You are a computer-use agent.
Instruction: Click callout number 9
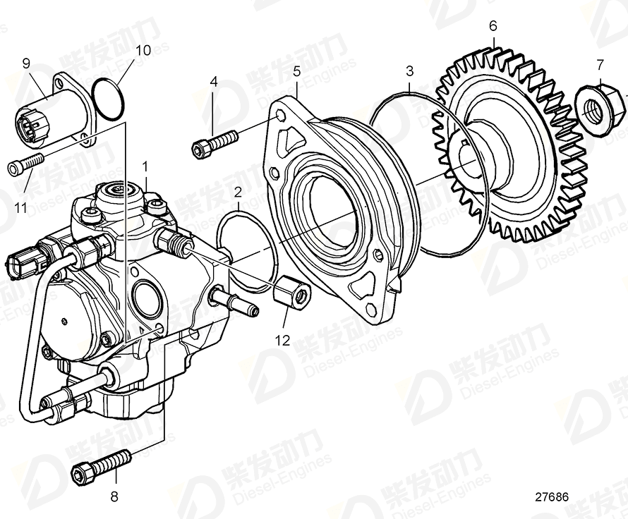(26, 63)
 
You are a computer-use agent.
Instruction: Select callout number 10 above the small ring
(143, 50)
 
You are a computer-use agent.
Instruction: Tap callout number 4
(214, 82)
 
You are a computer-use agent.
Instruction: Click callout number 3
(409, 71)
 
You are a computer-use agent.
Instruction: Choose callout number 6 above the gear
(493, 25)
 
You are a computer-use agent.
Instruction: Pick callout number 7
(600, 65)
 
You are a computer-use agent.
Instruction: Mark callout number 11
(21, 208)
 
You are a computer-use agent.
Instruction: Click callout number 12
(282, 341)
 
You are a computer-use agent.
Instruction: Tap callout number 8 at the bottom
(114, 496)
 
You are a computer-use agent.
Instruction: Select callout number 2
(238, 191)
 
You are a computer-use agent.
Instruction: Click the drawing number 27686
(550, 496)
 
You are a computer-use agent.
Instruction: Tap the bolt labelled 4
(215, 142)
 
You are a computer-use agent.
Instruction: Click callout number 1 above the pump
(145, 166)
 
